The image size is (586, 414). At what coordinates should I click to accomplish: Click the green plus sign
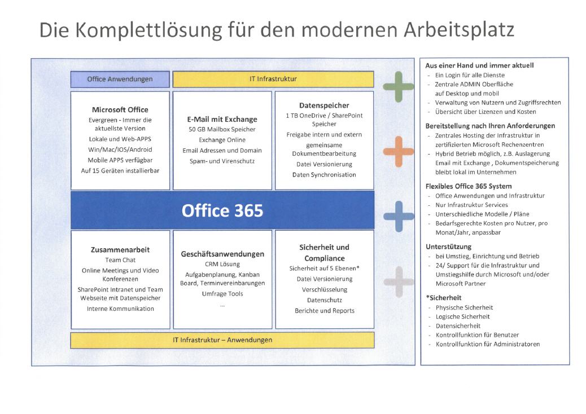click(x=399, y=87)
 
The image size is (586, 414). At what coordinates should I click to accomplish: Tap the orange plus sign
click(x=399, y=152)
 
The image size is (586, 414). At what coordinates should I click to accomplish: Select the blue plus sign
click(x=399, y=217)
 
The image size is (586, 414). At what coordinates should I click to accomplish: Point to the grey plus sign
click(x=399, y=282)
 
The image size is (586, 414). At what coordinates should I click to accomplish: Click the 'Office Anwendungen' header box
click(x=120, y=79)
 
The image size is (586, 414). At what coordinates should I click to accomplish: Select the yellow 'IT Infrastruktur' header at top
click(x=273, y=79)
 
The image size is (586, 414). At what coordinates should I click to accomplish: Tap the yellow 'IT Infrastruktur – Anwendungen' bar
click(x=222, y=340)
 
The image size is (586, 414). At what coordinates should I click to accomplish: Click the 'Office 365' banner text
click(x=222, y=210)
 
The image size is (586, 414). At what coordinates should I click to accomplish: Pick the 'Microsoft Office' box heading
click(x=120, y=110)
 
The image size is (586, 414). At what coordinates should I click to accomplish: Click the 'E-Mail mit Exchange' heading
click(x=222, y=120)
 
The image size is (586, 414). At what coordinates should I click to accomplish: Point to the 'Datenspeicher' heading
click(x=324, y=105)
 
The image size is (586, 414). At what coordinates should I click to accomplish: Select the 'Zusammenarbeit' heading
click(x=120, y=250)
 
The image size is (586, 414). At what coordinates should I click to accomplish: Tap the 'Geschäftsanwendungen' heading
click(x=222, y=254)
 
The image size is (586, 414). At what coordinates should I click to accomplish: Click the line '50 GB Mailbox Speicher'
click(x=222, y=130)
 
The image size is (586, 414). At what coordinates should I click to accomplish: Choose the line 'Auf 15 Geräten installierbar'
click(x=120, y=170)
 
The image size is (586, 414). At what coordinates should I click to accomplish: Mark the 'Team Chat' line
click(x=120, y=260)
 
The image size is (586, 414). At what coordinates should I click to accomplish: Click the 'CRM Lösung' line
click(x=222, y=265)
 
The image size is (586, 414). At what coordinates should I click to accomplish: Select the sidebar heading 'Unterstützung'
click(x=448, y=246)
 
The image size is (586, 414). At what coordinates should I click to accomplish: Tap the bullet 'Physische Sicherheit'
click(x=464, y=307)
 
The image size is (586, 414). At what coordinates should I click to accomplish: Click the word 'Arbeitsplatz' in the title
click(x=459, y=30)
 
